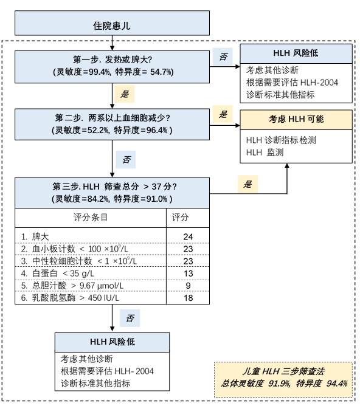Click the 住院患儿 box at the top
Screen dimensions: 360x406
tap(112, 23)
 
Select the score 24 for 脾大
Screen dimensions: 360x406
tap(188, 236)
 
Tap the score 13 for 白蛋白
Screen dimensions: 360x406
tap(188, 274)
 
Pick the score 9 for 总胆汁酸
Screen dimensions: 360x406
tap(188, 286)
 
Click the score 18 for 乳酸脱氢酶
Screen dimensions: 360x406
tap(188, 298)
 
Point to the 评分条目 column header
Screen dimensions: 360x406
tap(91, 217)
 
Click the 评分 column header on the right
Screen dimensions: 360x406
tap(180, 217)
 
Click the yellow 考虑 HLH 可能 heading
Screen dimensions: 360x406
tap(296, 119)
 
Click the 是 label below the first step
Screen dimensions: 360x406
tap(125, 94)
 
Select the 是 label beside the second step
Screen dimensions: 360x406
tap(223, 114)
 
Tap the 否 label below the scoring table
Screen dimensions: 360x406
tap(130, 318)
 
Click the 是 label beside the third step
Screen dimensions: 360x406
tap(247, 184)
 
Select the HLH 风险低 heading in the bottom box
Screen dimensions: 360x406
tap(112, 342)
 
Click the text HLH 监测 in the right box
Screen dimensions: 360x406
tap(265, 152)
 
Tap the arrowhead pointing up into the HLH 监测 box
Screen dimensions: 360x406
tap(287, 165)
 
